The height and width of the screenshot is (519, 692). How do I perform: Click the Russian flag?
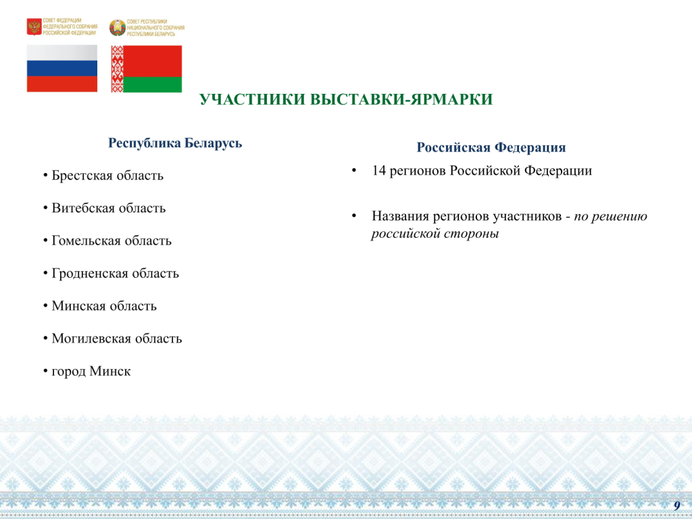coord(62,68)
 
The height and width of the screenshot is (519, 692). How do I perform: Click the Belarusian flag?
coord(147,69)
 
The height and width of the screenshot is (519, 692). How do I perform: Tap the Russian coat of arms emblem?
coord(34,27)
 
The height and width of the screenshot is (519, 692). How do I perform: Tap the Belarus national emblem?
coord(118,28)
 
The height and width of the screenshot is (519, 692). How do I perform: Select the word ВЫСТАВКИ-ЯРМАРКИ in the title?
coord(401,100)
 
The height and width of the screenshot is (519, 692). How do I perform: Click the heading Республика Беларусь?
coord(175,143)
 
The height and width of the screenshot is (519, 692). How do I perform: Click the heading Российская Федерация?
coord(491,148)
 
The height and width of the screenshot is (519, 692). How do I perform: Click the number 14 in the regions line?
coord(378,171)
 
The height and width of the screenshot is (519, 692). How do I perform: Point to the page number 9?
coord(676,505)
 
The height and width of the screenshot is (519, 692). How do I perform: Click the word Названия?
coord(400,216)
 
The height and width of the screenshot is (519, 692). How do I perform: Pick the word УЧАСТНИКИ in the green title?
coord(253,100)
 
